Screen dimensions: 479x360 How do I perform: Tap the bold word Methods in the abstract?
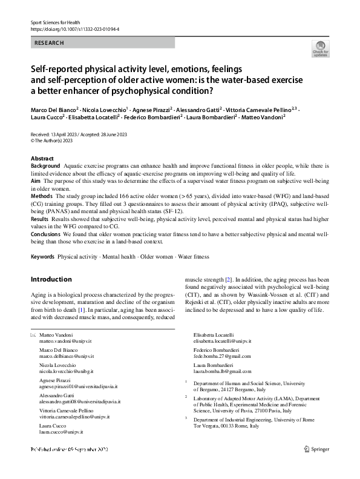[42, 197]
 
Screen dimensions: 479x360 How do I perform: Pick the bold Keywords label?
[42, 257]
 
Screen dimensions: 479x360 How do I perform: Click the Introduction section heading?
[51, 279]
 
